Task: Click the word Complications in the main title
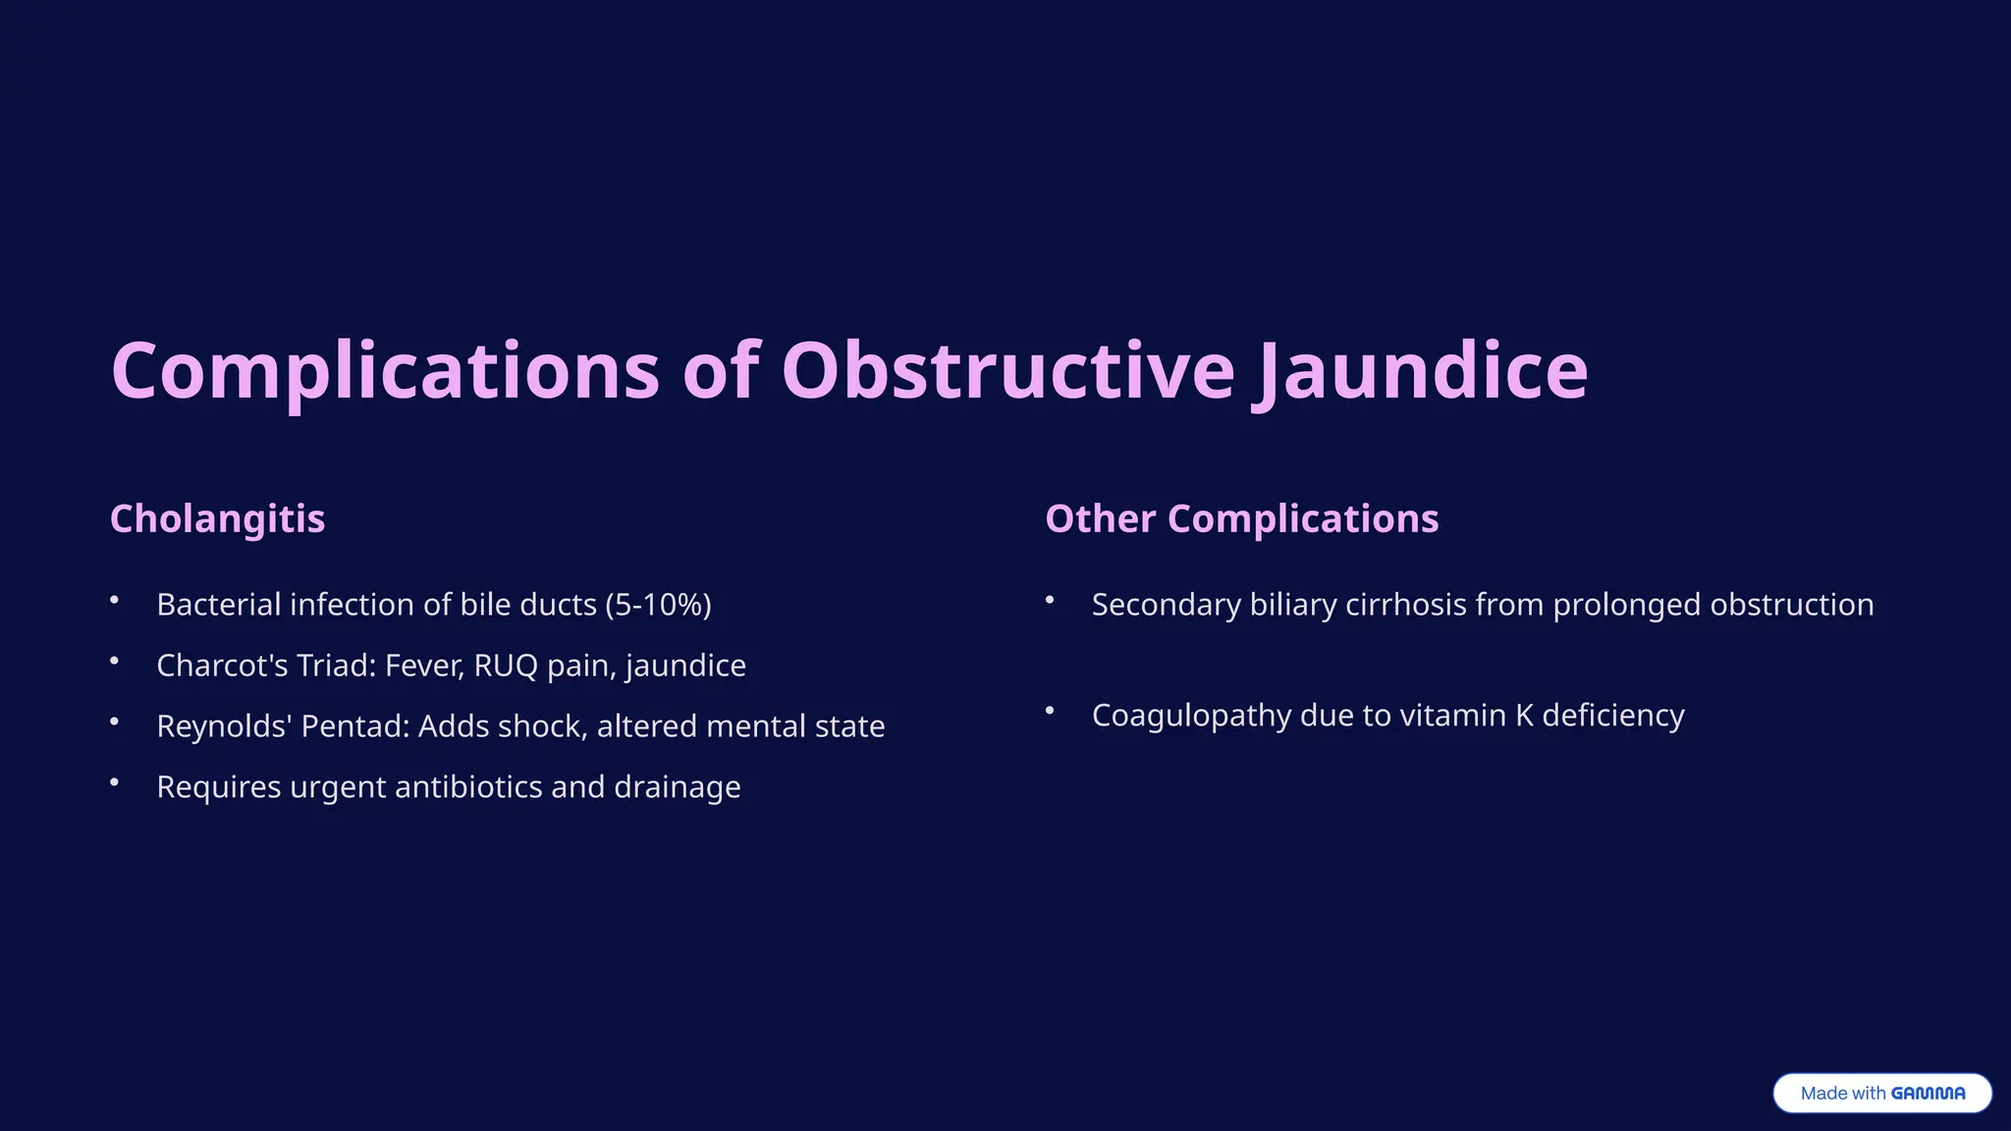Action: [x=385, y=372]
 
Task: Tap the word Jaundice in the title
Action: [x=1420, y=372]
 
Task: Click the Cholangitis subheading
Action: [x=217, y=518]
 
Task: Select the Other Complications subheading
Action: [x=1241, y=518]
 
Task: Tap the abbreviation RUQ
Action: [x=506, y=666]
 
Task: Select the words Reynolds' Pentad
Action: [x=283, y=727]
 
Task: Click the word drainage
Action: [x=677, y=787]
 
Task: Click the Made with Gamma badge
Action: [x=1881, y=1093]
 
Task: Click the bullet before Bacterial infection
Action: [x=115, y=600]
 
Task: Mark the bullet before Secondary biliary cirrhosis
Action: [x=1050, y=600]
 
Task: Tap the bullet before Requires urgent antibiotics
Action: [x=115, y=782]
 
